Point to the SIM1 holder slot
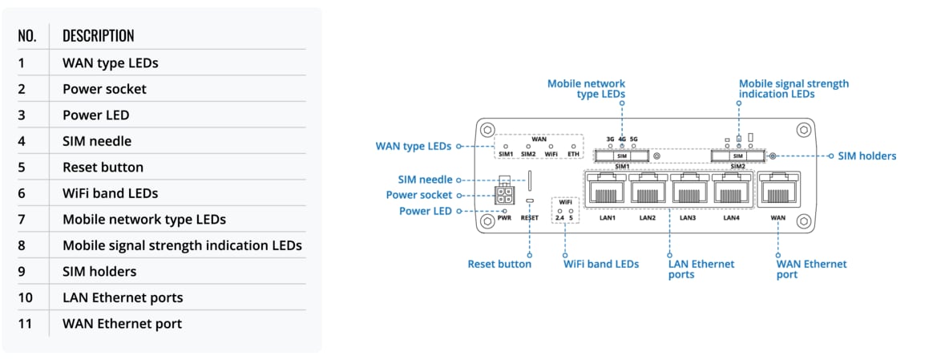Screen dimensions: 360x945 (622, 156)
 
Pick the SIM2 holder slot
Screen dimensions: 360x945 (738, 156)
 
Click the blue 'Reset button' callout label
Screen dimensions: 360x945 (499, 264)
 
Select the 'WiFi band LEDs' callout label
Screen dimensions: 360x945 (601, 264)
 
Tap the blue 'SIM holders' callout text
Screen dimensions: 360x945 (866, 156)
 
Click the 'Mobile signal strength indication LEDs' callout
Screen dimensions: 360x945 (794, 88)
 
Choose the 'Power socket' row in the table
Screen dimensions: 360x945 (104, 89)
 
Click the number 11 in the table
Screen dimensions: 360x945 (26, 324)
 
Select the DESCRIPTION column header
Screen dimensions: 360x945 (98, 36)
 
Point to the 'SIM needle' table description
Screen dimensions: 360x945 (97, 141)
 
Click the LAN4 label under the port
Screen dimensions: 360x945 (732, 217)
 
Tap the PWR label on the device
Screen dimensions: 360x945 (504, 217)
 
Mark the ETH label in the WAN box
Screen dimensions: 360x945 (573, 154)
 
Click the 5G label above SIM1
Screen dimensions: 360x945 (633, 139)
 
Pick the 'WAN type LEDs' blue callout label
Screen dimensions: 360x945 (414, 146)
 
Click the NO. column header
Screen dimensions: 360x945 (27, 36)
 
